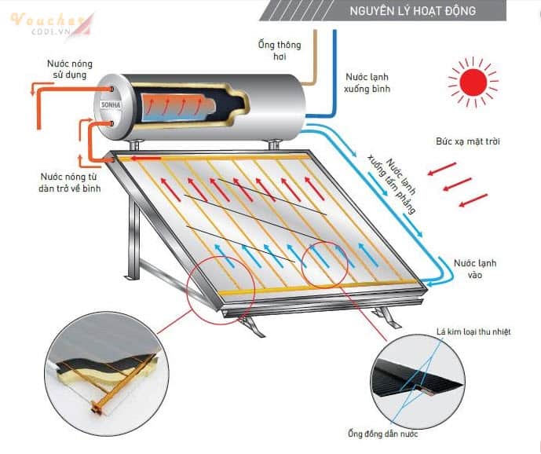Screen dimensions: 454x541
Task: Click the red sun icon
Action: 473,79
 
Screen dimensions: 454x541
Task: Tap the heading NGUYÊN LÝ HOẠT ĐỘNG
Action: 411,11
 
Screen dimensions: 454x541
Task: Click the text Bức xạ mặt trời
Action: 468,141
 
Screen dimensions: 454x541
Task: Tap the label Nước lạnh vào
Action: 474,269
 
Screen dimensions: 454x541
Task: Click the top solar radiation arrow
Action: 444,168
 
